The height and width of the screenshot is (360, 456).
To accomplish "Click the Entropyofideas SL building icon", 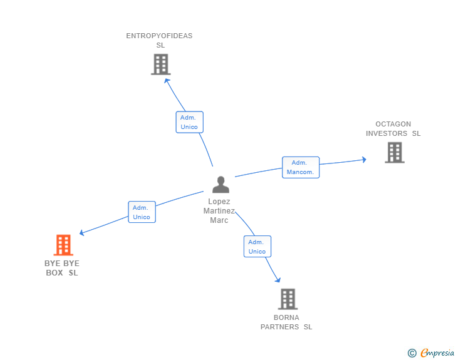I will [x=160, y=64].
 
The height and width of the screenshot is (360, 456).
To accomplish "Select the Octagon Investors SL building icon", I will [x=394, y=152].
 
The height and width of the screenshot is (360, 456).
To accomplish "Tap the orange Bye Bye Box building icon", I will [x=63, y=245].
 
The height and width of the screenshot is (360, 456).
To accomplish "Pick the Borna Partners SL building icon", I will [x=288, y=299].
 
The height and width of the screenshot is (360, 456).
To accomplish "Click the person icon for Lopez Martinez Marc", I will [x=220, y=185].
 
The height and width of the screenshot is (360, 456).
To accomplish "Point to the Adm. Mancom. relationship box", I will [x=301, y=167].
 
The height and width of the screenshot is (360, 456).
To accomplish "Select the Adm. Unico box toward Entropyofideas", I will [x=189, y=122].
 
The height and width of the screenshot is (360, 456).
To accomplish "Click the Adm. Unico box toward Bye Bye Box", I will [x=142, y=212].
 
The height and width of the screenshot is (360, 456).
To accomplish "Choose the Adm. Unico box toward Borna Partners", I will [x=257, y=246].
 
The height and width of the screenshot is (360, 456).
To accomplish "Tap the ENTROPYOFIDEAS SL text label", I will [x=159, y=40].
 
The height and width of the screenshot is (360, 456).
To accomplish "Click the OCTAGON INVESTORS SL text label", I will [x=393, y=128].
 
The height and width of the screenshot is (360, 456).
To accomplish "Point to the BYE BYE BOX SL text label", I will [x=62, y=267].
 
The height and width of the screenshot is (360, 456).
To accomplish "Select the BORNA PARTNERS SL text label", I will [x=286, y=322].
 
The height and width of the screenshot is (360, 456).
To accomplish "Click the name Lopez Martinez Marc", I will [x=219, y=211].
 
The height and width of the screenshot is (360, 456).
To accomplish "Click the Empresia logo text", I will [x=437, y=353].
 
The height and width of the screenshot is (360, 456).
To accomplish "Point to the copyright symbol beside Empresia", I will [x=412, y=353].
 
